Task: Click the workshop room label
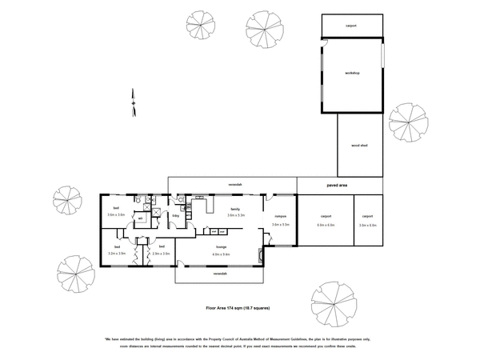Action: tap(352, 74)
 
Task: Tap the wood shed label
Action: tap(359, 147)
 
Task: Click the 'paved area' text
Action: tap(337, 186)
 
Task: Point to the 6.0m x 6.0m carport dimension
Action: tap(326, 226)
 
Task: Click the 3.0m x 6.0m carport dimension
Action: tap(368, 226)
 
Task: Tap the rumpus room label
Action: tap(281, 216)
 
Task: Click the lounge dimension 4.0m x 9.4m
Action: tap(221, 254)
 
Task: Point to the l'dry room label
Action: tap(175, 216)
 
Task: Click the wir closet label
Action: tap(141, 218)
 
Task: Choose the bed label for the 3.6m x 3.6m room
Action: tap(116, 207)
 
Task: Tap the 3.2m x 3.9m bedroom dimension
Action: tap(117, 254)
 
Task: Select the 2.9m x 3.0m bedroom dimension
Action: tap(162, 254)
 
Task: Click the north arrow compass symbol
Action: tap(133, 100)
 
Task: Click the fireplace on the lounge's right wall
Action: tap(260, 257)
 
